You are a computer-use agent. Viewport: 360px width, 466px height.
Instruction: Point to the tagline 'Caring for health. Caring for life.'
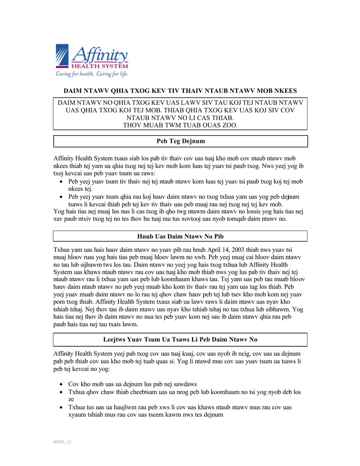click(x=92, y=74)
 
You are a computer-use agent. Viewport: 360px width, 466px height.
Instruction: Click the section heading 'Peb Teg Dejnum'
click(x=181, y=141)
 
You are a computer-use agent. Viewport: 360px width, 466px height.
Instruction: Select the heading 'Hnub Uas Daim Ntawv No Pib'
click(x=180, y=236)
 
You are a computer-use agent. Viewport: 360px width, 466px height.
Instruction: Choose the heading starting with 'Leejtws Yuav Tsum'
click(x=180, y=339)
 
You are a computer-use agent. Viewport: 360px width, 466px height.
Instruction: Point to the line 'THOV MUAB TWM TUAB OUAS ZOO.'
click(x=180, y=125)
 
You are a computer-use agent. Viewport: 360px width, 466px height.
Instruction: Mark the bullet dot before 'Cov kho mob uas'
click(x=61, y=384)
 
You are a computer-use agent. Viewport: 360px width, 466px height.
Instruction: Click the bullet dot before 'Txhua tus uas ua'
click(x=61, y=408)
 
